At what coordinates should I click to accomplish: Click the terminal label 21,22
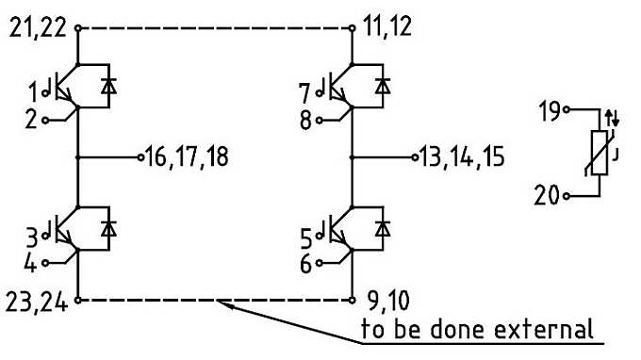tap(37, 29)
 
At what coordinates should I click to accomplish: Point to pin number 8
tap(304, 120)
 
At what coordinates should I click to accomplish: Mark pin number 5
tap(304, 233)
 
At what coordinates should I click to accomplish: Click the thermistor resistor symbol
tap(597, 152)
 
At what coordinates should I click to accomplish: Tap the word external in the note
tap(546, 331)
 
